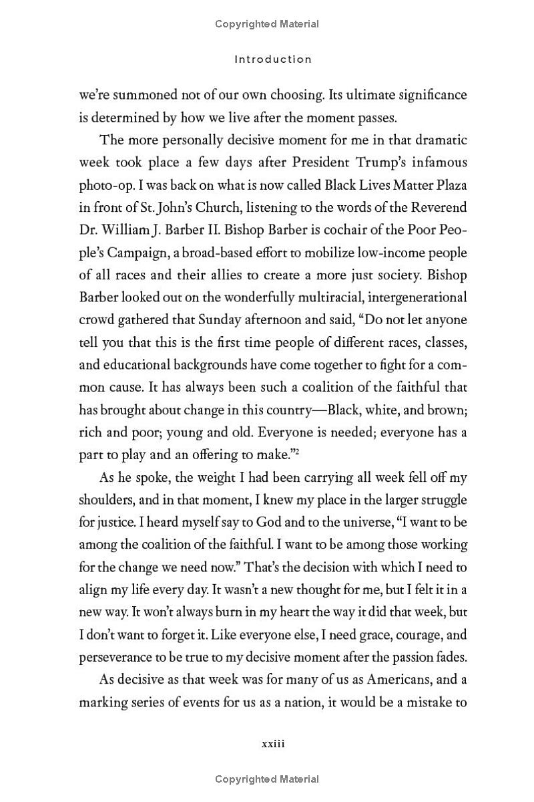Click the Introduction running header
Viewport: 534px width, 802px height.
(273, 59)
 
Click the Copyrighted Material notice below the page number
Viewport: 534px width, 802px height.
(267, 779)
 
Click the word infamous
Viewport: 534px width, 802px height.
(437, 162)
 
